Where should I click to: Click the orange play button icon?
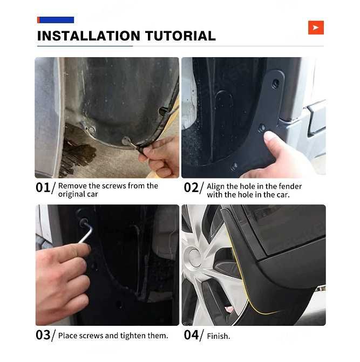tap(316, 28)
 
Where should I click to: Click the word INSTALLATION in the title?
tap(89, 36)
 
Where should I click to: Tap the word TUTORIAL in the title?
tap(180, 36)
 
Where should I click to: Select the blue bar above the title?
tap(56, 20)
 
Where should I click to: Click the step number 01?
tap(43, 187)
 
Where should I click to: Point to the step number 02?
tap(191, 187)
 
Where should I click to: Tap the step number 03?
tap(43, 335)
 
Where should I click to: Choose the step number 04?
tap(191, 335)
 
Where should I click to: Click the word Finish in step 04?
tap(218, 336)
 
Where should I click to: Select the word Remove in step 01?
tap(72, 186)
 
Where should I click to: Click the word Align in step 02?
tap(215, 187)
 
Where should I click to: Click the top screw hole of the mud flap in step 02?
tap(275, 83)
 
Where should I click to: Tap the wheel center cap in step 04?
tap(194, 256)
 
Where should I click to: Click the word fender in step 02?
tap(290, 186)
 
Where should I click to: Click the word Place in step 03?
tap(67, 336)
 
